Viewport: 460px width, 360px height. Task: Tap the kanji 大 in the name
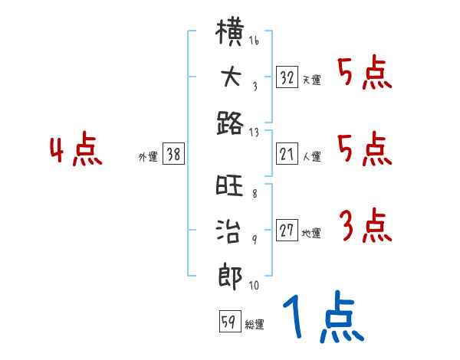231,80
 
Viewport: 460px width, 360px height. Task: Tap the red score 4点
75,150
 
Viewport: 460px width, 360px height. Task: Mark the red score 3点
365,226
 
